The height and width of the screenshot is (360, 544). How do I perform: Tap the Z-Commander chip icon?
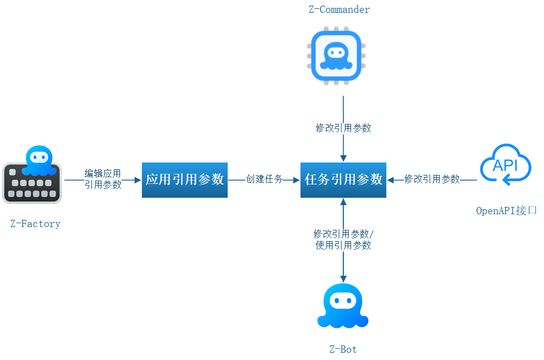[x=335, y=57]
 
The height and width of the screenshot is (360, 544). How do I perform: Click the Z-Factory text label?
[x=35, y=224]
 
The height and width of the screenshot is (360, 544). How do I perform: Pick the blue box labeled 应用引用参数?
[x=185, y=179]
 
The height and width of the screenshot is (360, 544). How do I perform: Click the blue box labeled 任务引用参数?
[x=343, y=179]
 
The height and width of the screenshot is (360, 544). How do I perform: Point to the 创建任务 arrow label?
[x=264, y=179]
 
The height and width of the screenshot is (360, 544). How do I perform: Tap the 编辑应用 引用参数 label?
[x=103, y=179]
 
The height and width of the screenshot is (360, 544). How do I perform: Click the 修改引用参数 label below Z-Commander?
[x=343, y=128]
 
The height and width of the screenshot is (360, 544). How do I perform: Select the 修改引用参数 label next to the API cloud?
[x=432, y=179]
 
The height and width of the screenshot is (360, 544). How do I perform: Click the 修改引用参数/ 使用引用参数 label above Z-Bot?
[x=343, y=239]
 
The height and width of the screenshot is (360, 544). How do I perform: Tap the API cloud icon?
[x=505, y=164]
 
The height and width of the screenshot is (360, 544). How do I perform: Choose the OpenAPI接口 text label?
[x=506, y=211]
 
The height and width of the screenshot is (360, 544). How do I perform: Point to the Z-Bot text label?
[x=343, y=349]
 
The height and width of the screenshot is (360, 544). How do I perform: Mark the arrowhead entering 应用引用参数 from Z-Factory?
[x=138, y=180]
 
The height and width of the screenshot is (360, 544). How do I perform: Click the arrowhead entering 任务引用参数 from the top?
[x=343, y=159]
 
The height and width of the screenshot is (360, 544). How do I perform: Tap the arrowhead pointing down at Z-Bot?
[x=343, y=278]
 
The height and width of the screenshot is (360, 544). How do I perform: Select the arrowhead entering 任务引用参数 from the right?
[x=391, y=180]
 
